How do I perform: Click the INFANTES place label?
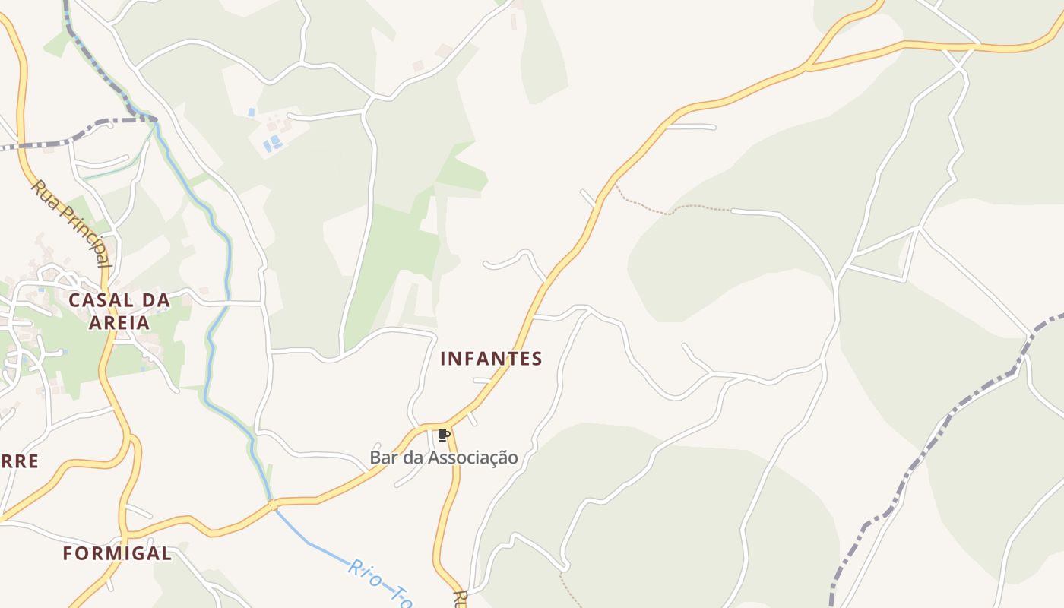point(491,359)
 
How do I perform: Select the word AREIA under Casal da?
point(119,322)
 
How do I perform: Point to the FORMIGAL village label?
point(117,553)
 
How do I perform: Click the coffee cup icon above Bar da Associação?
point(444,435)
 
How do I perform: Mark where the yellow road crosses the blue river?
point(271,504)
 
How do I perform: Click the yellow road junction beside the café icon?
point(447,423)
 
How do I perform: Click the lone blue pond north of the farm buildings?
point(252,112)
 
